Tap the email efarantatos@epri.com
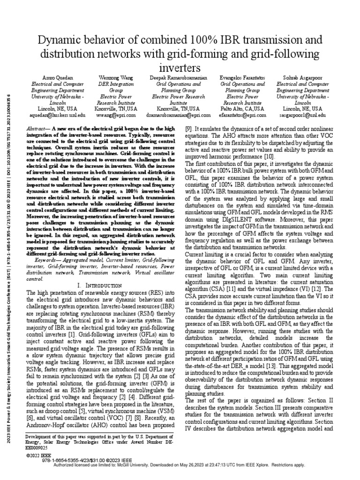[x=242, y=115]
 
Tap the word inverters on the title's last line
[x=180, y=65]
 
